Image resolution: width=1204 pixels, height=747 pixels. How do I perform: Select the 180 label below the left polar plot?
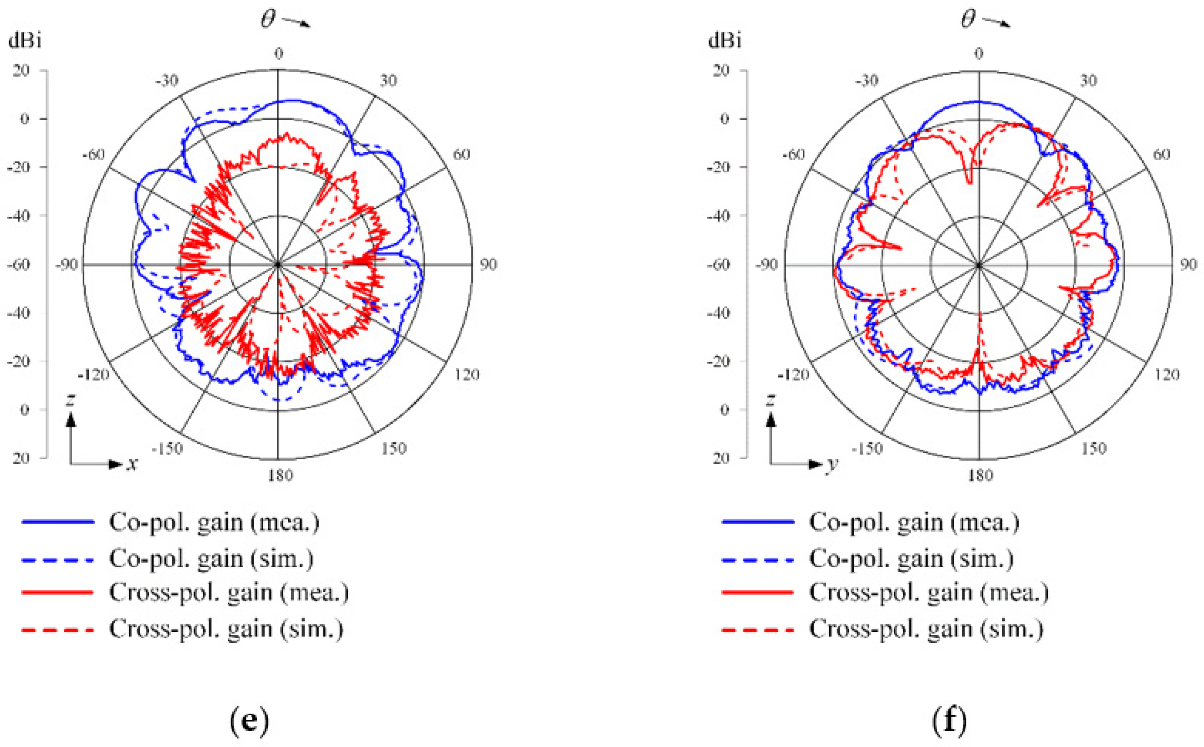[280, 475]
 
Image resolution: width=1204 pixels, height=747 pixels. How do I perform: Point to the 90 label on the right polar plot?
[1188, 265]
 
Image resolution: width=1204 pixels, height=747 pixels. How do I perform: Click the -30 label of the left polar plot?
[167, 80]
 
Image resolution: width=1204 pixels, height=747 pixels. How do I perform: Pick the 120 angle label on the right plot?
[1167, 375]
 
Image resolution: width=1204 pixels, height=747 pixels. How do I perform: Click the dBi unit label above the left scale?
[25, 40]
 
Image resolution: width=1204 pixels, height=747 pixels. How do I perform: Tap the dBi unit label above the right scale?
[724, 40]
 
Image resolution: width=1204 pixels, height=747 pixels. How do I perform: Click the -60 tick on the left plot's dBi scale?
[19, 265]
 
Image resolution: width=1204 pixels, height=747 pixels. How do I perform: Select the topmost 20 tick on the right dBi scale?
[721, 70]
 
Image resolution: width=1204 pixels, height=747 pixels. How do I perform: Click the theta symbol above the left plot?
[268, 20]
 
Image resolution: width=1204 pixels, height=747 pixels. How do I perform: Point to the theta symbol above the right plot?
[968, 20]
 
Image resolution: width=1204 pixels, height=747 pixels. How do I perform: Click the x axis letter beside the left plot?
[132, 464]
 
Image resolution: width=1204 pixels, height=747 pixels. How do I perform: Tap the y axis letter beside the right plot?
[832, 464]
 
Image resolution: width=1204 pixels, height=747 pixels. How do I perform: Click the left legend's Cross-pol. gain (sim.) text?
[226, 629]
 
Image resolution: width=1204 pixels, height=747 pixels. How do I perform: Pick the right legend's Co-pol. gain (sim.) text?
[911, 559]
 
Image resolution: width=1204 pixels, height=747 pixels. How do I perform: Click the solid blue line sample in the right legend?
[758, 522]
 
